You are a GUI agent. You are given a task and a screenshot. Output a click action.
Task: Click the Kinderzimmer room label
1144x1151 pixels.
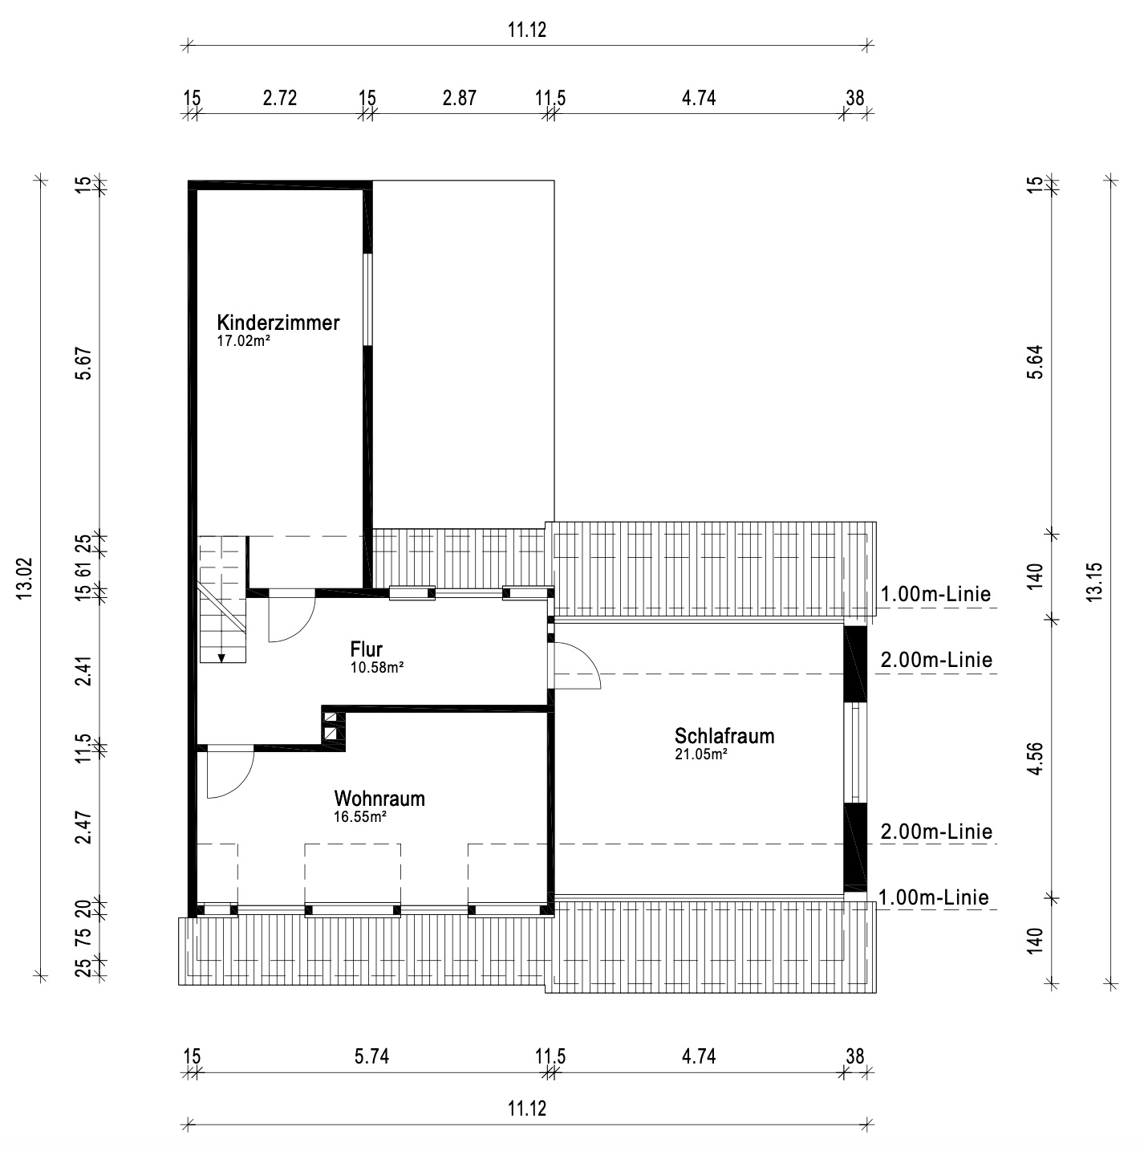click(x=278, y=323)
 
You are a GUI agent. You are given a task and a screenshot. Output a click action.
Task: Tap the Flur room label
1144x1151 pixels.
click(x=366, y=649)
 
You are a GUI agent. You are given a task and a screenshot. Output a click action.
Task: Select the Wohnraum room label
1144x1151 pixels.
click(x=379, y=798)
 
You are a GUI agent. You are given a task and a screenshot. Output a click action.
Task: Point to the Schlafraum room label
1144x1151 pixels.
click(x=724, y=735)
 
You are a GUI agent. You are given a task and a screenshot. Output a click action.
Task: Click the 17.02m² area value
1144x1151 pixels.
click(x=244, y=341)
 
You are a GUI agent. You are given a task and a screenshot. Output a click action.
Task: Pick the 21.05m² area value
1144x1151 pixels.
click(x=701, y=754)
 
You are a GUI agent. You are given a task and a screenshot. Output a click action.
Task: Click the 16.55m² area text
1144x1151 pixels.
click(x=360, y=816)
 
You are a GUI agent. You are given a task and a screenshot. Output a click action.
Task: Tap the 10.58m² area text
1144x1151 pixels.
click(x=377, y=667)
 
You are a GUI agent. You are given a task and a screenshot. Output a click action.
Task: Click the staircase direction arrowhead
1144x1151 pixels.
click(x=221, y=657)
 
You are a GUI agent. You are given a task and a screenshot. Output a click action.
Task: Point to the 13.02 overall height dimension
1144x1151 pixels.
click(x=25, y=578)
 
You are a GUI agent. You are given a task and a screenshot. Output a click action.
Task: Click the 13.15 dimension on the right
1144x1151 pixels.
click(x=1094, y=582)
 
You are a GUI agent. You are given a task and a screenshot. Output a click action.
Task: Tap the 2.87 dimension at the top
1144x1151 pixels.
click(x=459, y=98)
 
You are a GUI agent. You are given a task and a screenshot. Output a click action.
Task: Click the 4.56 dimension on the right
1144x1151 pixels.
click(x=1035, y=758)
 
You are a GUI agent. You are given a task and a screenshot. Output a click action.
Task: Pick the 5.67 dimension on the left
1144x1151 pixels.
click(x=83, y=363)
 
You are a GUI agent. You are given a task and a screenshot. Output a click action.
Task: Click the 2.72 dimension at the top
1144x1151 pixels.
click(x=279, y=98)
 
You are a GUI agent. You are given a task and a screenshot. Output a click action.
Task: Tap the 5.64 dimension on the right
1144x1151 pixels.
click(x=1035, y=362)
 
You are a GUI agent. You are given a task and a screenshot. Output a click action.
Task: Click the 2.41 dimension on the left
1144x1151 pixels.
click(x=83, y=671)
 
